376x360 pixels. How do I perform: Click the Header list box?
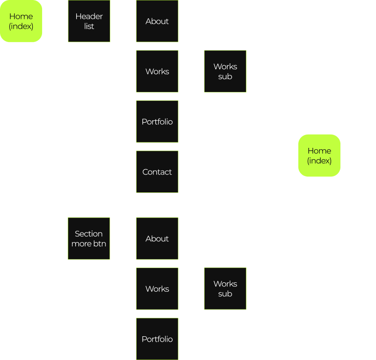tap(89, 21)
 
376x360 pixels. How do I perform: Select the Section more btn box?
tap(89, 238)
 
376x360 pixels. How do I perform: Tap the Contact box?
tap(157, 172)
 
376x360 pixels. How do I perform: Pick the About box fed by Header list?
tap(157, 21)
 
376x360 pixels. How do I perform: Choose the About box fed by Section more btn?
tap(157, 238)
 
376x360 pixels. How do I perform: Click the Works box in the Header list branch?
tap(157, 71)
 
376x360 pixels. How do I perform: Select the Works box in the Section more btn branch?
tap(157, 289)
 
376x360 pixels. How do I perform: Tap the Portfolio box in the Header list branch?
tap(157, 122)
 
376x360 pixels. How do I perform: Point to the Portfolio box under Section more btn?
tap(157, 339)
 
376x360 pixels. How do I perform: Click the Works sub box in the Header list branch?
tap(225, 71)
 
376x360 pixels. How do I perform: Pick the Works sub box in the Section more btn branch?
tap(225, 289)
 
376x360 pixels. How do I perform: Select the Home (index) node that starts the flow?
tap(21, 21)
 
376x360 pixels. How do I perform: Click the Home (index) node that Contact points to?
tap(320, 155)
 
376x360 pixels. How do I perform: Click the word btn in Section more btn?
tap(99, 243)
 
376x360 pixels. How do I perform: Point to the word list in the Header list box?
tap(89, 26)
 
